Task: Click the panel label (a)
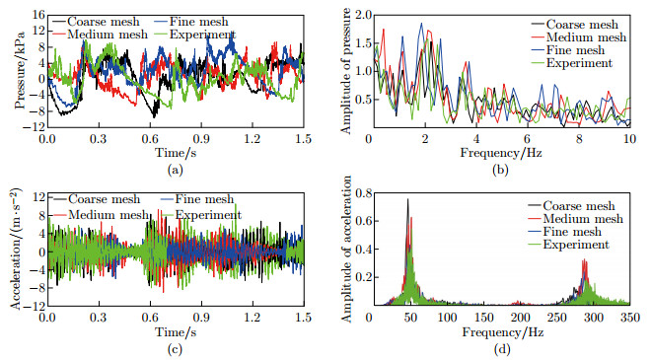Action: tap(175, 169)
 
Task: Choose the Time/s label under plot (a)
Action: tap(174, 154)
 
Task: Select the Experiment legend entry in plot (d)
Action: tap(581, 244)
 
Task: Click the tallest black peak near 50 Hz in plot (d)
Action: tap(408, 200)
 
